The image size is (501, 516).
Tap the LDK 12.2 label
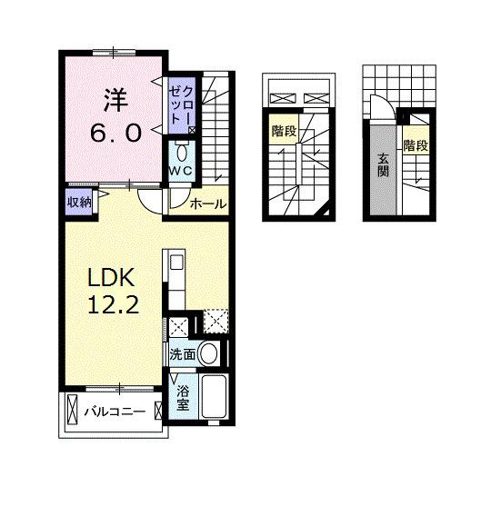[112, 291]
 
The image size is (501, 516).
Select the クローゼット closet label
[181, 104]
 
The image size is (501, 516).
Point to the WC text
[181, 171]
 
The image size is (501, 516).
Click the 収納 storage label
[79, 202]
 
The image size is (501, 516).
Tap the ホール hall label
[208, 204]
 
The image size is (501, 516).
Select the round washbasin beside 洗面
[209, 353]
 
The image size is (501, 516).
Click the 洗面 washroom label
[183, 354]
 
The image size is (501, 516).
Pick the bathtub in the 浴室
[214, 396]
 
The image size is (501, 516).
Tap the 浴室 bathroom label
[183, 398]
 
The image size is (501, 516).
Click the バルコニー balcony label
[115, 412]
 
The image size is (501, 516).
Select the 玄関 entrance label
[383, 165]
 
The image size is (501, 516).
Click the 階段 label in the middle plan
[285, 132]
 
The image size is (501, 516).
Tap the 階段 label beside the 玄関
[416, 145]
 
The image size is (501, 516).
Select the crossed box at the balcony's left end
[72, 410]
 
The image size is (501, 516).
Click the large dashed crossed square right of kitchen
[215, 322]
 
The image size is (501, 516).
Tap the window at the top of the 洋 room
[114, 52]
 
